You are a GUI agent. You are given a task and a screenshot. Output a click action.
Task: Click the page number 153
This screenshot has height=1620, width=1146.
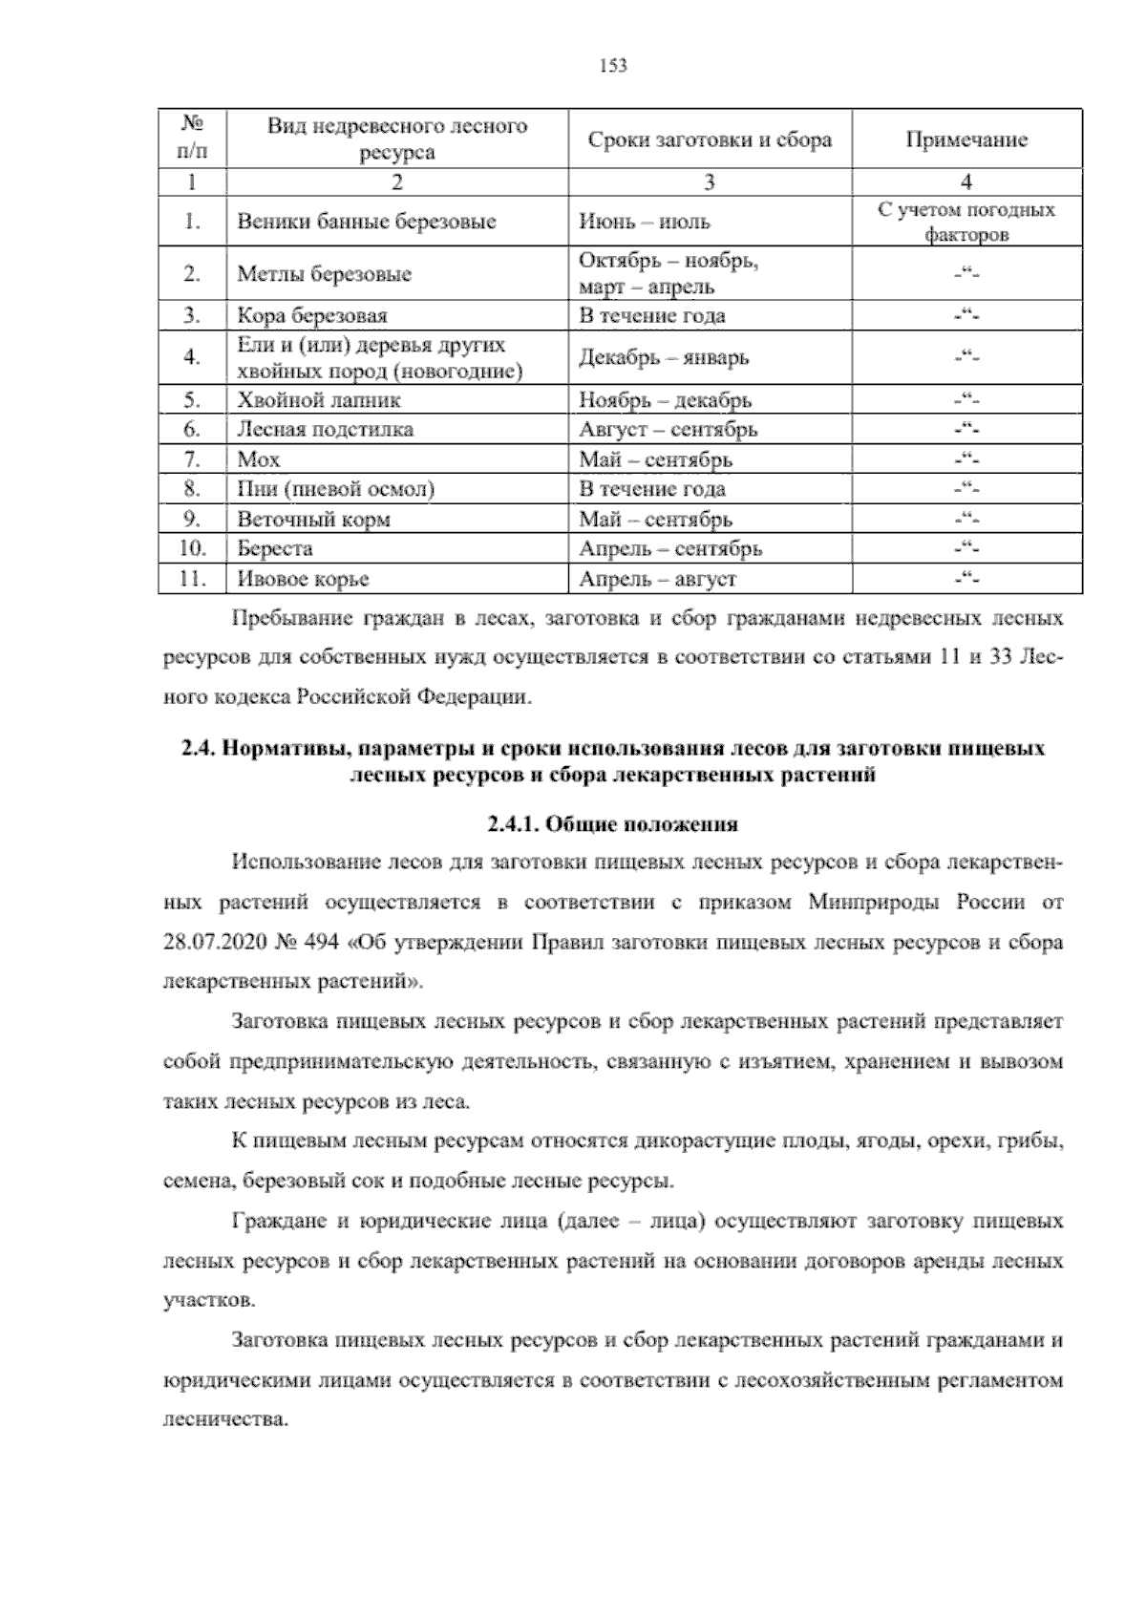click(x=612, y=66)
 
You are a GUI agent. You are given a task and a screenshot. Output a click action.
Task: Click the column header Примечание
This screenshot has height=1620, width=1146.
click(x=966, y=140)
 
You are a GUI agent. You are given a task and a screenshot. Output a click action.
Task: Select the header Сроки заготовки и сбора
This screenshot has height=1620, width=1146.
click(x=710, y=140)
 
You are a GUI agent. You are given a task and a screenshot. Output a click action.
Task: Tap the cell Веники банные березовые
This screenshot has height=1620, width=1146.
click(x=367, y=223)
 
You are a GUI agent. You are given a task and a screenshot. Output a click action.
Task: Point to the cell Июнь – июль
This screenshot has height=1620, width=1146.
click(x=645, y=223)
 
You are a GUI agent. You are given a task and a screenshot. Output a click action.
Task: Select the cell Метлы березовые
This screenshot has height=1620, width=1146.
click(x=325, y=275)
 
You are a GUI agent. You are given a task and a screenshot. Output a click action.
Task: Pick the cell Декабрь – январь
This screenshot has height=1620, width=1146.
click(x=664, y=358)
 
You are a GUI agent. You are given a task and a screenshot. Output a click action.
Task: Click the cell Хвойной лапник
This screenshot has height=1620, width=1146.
click(x=319, y=400)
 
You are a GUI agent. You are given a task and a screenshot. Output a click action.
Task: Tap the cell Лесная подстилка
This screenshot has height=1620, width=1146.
click(x=326, y=430)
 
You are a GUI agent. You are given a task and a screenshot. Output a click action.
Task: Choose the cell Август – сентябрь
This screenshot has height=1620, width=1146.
click(x=668, y=430)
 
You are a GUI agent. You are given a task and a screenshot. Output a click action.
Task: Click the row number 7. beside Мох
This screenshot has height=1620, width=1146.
click(x=192, y=459)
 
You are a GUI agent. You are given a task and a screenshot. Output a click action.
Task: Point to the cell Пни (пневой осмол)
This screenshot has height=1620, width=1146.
click(x=336, y=490)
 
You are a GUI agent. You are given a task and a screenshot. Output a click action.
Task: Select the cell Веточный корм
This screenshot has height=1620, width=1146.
click(x=313, y=520)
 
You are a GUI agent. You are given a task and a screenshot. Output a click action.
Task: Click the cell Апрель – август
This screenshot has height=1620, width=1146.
click(x=657, y=579)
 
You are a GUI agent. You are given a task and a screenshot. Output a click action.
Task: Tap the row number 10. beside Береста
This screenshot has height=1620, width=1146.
click(x=192, y=549)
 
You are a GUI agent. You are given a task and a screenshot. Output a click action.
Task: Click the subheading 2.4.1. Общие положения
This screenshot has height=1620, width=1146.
click(x=612, y=824)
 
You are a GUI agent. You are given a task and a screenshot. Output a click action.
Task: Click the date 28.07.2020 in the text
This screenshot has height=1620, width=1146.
click(x=212, y=943)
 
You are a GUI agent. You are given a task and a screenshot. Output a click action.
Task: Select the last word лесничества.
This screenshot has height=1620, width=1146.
click(x=225, y=1419)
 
